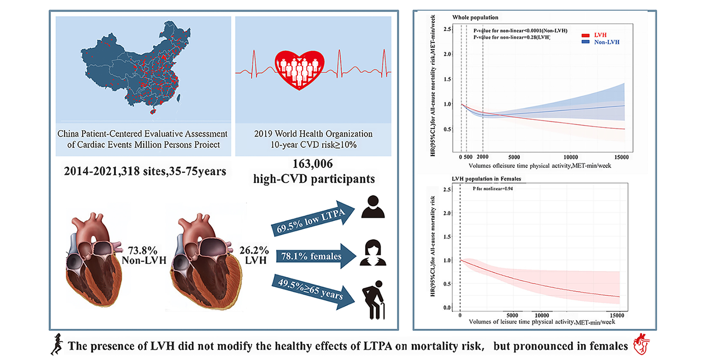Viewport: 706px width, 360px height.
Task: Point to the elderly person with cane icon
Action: [373, 300]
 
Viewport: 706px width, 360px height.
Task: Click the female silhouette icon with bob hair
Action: [373, 253]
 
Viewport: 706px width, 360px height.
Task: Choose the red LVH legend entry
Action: [595, 35]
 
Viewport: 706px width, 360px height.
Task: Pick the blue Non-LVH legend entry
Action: [601, 42]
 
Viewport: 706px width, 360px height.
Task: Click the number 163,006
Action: [312, 164]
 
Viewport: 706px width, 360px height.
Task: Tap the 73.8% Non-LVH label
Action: [144, 256]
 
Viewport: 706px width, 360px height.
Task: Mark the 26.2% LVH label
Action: [255, 255]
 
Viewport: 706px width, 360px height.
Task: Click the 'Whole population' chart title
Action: [475, 18]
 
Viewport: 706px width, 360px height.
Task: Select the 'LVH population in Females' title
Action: [486, 179]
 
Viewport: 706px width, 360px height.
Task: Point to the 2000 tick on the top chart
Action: [483, 157]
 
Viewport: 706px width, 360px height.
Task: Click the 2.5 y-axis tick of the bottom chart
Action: [447, 190]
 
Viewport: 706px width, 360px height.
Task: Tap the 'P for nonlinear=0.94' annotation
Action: [492, 189]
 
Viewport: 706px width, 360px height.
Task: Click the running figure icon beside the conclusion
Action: [57, 345]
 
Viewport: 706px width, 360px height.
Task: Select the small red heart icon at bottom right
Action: [641, 344]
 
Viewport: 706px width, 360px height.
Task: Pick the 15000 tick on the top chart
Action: [621, 157]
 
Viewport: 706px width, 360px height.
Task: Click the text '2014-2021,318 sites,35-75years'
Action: [145, 171]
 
